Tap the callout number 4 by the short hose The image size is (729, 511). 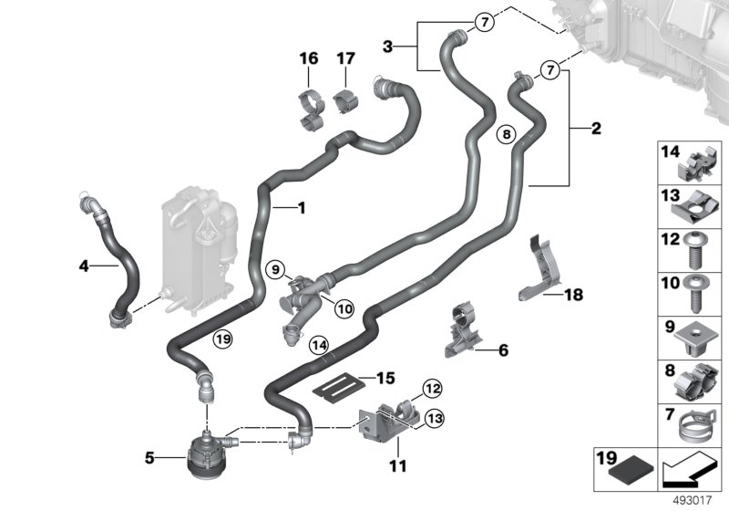pyautogui.click(x=85, y=267)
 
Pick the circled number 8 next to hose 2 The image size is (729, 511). pyautogui.click(x=507, y=135)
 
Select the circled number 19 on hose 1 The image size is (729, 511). pyautogui.click(x=222, y=339)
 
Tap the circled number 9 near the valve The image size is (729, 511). pyautogui.click(x=274, y=269)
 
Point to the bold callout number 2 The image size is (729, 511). pyautogui.click(x=596, y=129)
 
